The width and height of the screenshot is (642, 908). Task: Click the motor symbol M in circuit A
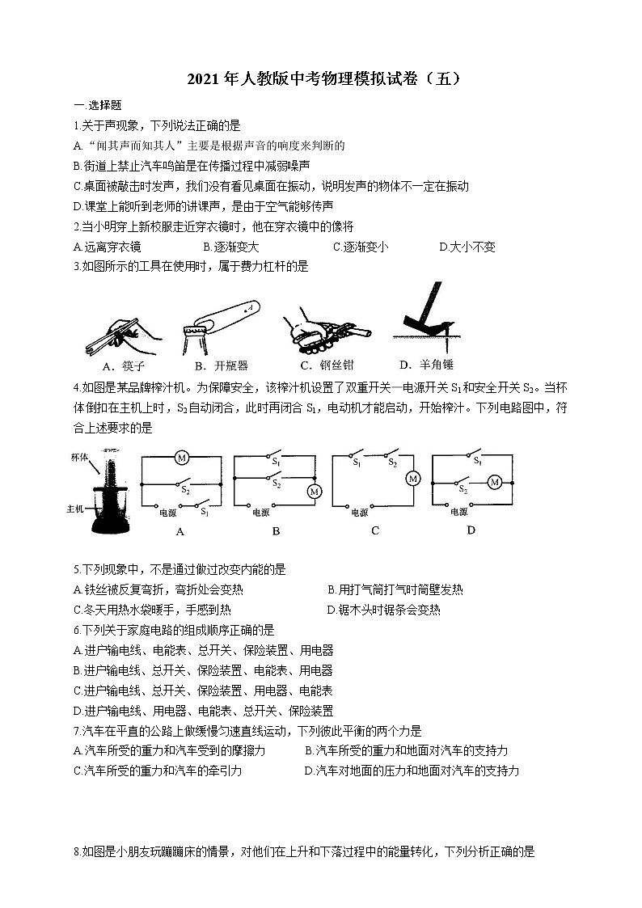[182, 458]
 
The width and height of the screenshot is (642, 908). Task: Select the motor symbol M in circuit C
[412, 479]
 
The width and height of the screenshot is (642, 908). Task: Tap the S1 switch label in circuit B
[276, 461]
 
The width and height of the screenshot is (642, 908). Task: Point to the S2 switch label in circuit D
[462, 489]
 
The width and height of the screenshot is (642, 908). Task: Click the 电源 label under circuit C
[359, 513]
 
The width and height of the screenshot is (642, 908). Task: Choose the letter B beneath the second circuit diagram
[276, 532]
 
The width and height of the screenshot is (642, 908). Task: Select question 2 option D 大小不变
[467, 247]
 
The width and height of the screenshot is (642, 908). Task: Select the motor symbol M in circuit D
[495, 482]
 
